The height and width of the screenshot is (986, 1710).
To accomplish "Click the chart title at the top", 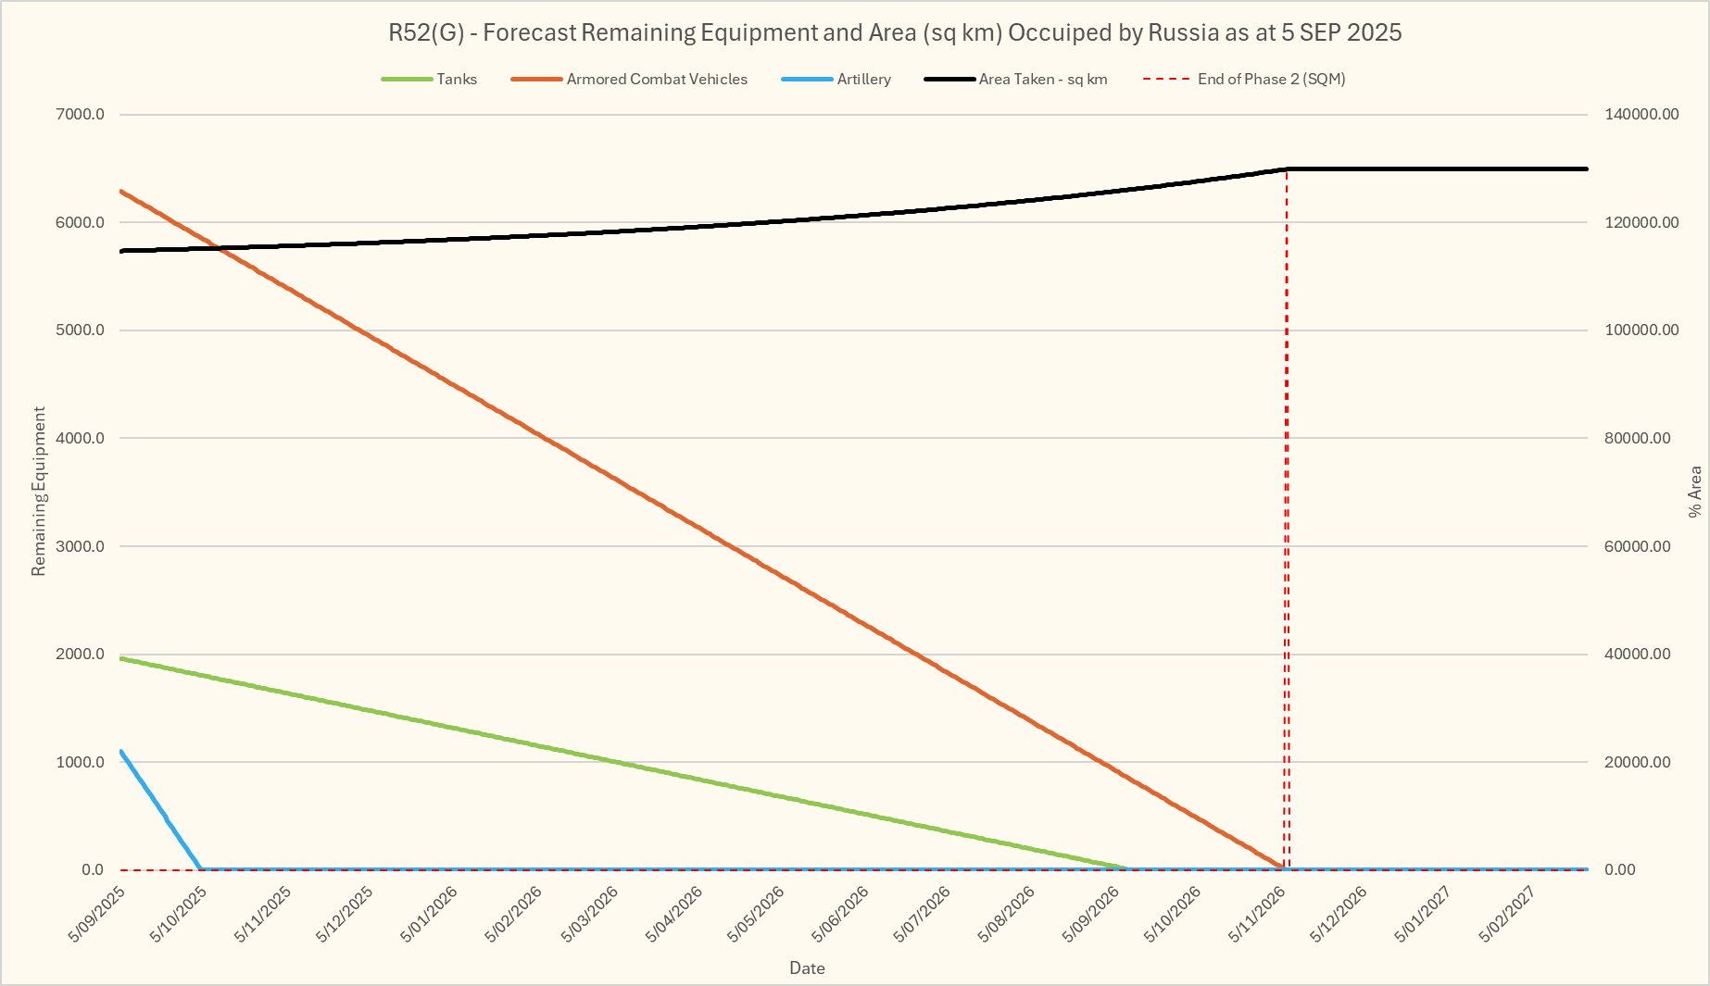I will (894, 32).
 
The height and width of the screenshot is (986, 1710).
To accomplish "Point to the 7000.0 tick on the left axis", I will (82, 115).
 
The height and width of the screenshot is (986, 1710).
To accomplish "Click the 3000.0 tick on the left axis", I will (82, 546).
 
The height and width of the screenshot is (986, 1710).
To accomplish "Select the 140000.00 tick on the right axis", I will (1641, 115).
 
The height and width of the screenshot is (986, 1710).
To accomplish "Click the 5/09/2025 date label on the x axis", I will (97, 914).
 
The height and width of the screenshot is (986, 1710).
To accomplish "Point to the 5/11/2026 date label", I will (1257, 914).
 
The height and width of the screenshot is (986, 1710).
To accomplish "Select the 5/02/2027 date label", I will (1507, 914).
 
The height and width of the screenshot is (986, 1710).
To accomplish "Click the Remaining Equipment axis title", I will (38, 491).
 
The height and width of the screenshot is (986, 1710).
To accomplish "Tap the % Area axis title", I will (1694, 491).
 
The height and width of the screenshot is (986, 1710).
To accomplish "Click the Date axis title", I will (807, 968).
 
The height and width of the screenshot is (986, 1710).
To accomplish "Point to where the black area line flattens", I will (1287, 169).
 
